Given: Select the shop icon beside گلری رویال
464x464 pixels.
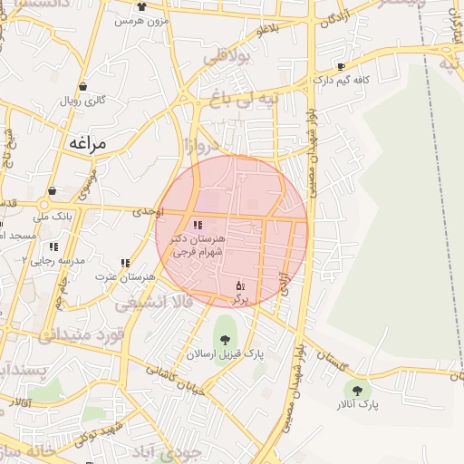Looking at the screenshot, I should [x=83, y=87].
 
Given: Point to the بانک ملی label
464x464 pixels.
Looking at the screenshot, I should [x=52, y=217].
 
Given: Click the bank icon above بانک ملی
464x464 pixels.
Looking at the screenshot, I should [x=52, y=191].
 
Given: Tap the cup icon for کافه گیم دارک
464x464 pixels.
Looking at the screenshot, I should [x=341, y=66].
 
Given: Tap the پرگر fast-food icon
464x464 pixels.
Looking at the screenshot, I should [x=240, y=285].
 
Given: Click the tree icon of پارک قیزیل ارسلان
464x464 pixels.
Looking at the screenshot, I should [x=224, y=341].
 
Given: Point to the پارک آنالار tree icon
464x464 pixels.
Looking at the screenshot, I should [x=358, y=391].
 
